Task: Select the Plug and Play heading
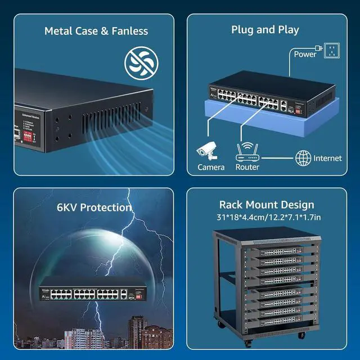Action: pos(265,29)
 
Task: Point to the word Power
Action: pos(305,54)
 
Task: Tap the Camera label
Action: pos(211,167)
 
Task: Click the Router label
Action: pos(247,167)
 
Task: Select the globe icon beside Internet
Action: pos(303,157)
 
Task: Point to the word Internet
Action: pos(327,158)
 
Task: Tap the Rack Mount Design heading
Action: pos(266,205)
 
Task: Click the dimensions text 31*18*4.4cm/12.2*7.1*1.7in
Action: pos(266,217)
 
